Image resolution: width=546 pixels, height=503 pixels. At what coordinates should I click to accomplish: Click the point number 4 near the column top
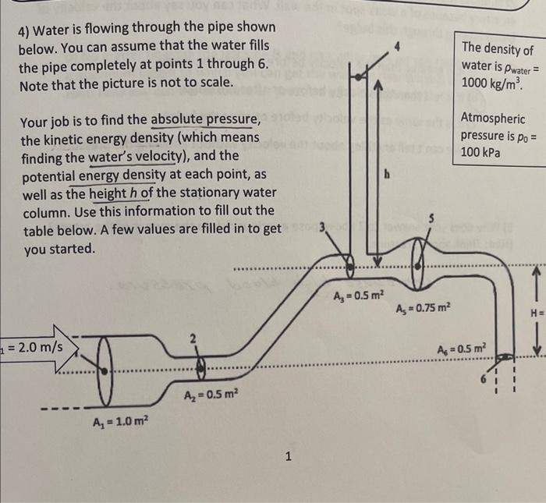coord(397,48)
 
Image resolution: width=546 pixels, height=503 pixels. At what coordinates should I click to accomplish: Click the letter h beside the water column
coord(385,175)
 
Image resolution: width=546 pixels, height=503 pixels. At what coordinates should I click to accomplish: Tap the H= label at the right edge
coord(537,315)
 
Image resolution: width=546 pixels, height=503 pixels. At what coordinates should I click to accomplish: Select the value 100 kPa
coord(480,152)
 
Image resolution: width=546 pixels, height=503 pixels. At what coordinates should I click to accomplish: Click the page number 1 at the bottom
coord(289,457)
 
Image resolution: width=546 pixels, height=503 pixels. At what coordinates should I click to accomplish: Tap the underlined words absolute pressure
coord(206,120)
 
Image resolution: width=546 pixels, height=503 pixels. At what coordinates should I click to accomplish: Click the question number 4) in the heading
coord(26,27)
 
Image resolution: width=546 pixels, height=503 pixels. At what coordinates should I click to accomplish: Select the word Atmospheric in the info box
coord(493,119)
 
